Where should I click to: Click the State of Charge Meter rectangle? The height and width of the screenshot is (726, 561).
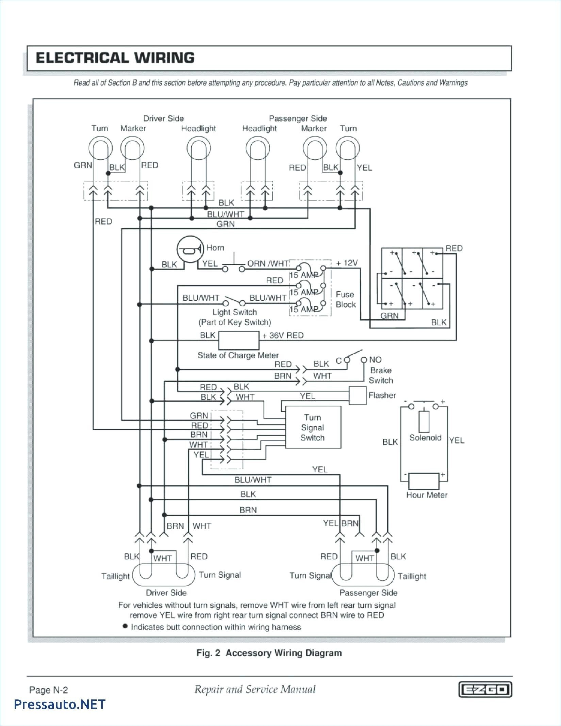click(238, 341)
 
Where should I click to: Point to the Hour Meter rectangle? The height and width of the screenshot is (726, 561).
click(424, 482)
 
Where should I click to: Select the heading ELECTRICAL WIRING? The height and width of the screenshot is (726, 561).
click(115, 58)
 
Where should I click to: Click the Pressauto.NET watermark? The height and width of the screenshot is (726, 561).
click(60, 704)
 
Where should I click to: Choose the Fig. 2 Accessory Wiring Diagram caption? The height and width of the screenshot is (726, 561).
click(269, 653)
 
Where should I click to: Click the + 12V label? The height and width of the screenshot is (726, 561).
click(347, 263)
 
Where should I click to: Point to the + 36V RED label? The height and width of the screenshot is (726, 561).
click(283, 335)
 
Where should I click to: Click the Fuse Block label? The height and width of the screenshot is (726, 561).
click(345, 300)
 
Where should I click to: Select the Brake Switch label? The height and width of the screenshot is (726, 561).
click(381, 375)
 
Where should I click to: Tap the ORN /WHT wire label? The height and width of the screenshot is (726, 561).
click(268, 263)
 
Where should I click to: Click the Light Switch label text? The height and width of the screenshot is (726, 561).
click(235, 312)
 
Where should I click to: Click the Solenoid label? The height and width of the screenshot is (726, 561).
click(425, 438)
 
